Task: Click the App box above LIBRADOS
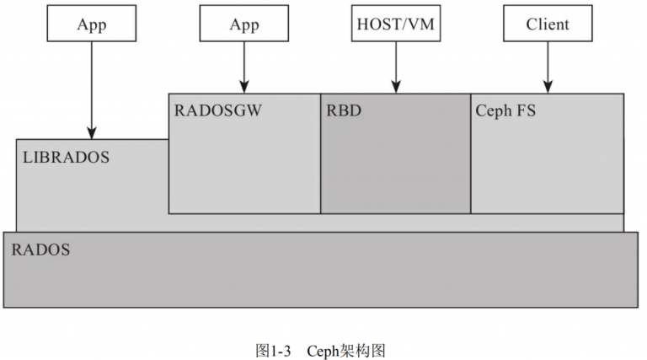coord(92,24)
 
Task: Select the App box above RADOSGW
coord(243,24)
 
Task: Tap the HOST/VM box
coord(395,24)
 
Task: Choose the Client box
coord(547,24)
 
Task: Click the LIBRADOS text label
coord(67,158)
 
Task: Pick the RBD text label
coord(344,110)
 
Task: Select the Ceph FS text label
coord(505,110)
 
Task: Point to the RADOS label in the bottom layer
coord(40,250)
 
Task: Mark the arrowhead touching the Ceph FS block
coord(547,86)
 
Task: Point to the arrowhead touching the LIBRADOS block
coord(92,132)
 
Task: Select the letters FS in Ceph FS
coord(526,110)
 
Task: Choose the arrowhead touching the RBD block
coord(395,86)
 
